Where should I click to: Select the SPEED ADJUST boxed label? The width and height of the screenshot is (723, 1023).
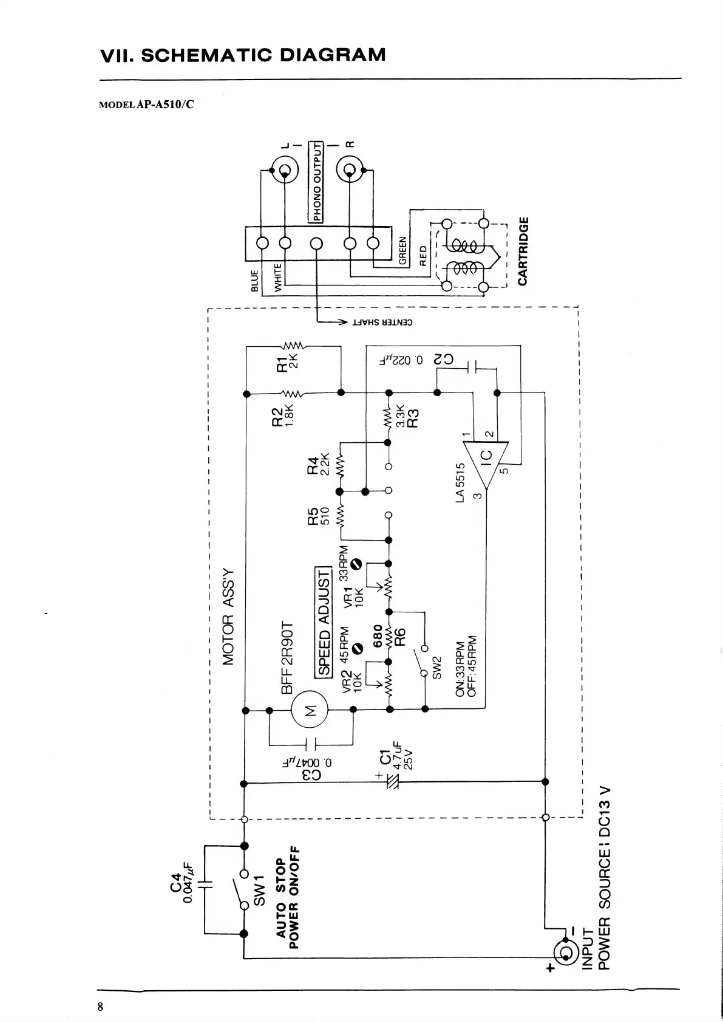324,622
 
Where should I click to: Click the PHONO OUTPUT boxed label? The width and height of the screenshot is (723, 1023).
316,182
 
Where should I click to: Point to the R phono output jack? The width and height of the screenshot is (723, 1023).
350,168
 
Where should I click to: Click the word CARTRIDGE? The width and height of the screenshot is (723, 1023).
523,250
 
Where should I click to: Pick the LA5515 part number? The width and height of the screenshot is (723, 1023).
460,482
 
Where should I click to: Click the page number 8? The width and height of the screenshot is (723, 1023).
101,1007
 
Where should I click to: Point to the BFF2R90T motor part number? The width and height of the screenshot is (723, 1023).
288,657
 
